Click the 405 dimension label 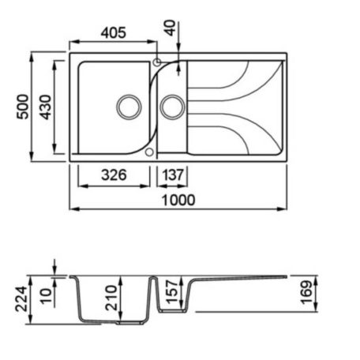click(x=114, y=32)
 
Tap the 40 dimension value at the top click(x=171, y=28)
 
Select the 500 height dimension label click(x=23, y=107)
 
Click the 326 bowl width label click(x=114, y=174)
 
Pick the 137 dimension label click(x=172, y=175)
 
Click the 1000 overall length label click(x=178, y=200)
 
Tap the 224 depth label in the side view click(x=21, y=299)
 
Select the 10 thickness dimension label click(x=46, y=297)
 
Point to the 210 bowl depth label click(x=111, y=298)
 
